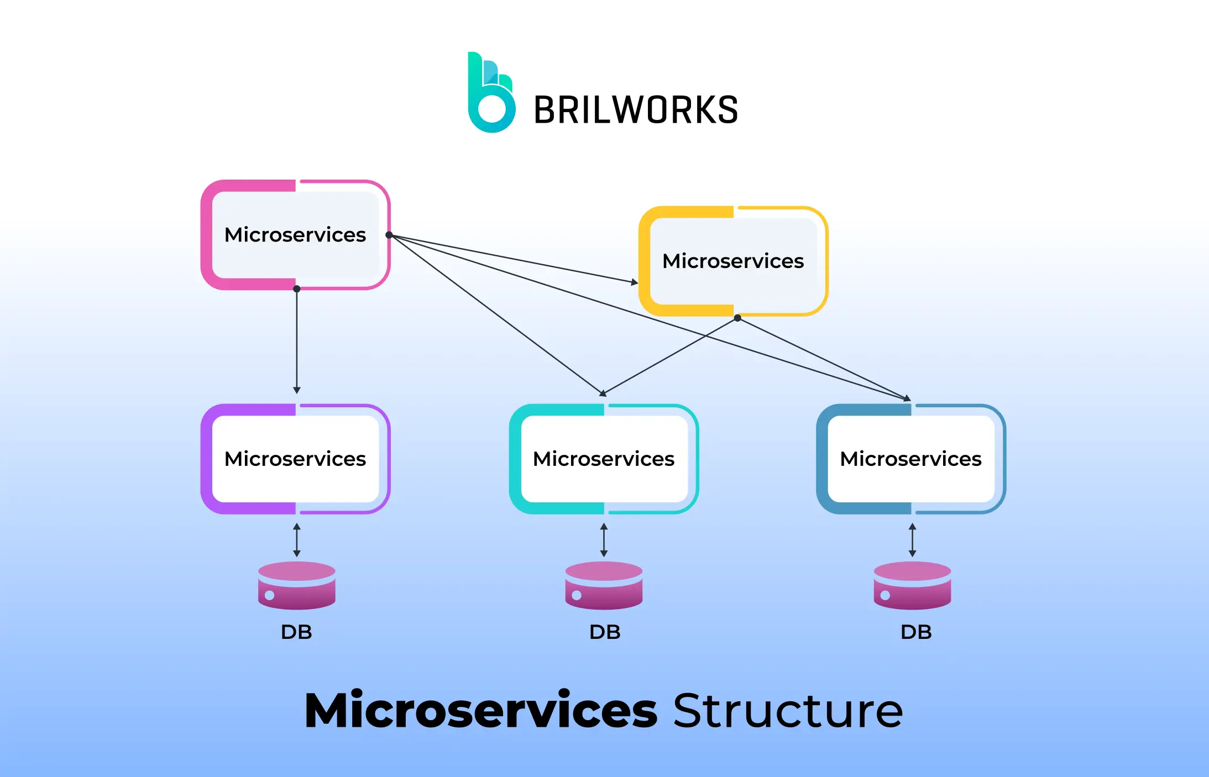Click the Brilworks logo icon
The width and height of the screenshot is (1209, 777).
pyautogui.click(x=491, y=93)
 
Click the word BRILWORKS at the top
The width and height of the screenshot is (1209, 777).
pyautogui.click(x=636, y=109)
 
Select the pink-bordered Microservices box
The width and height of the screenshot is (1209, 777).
pyautogui.click(x=295, y=235)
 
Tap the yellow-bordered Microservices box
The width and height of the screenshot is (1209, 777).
pyautogui.click(x=733, y=261)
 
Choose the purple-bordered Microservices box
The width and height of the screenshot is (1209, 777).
pyautogui.click(x=295, y=459)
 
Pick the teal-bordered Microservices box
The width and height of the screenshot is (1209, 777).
pyautogui.click(x=604, y=459)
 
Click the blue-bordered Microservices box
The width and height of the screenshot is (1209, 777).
pyautogui.click(x=911, y=459)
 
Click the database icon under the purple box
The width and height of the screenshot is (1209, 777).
pyautogui.click(x=297, y=586)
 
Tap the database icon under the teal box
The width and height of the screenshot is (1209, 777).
pyautogui.click(x=604, y=586)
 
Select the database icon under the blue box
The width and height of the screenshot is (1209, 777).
pyautogui.click(x=912, y=586)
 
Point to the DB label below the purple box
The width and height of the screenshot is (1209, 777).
pyautogui.click(x=296, y=632)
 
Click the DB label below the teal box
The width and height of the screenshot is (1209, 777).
pyautogui.click(x=605, y=632)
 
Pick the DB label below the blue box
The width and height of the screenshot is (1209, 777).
pyautogui.click(x=916, y=632)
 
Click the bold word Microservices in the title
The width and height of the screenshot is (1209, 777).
pyautogui.click(x=481, y=711)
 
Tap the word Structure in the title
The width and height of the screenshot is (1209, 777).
pyautogui.click(x=788, y=711)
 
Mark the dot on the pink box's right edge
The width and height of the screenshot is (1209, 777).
pyautogui.click(x=389, y=235)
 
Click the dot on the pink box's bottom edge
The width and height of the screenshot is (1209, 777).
pyautogui.click(x=297, y=288)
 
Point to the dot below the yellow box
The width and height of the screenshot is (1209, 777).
pyautogui.click(x=737, y=318)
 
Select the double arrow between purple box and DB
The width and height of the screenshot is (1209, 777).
pyautogui.click(x=297, y=540)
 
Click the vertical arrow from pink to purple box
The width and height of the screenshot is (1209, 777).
pyautogui.click(x=297, y=340)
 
